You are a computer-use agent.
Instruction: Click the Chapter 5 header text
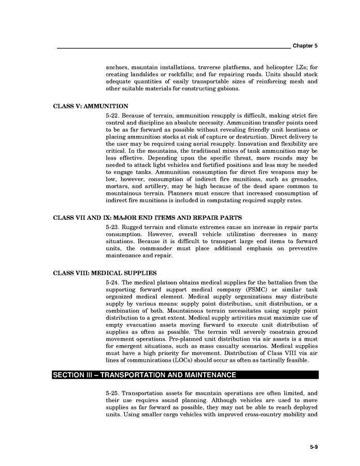(305, 46)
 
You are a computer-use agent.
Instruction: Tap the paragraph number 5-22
(112, 114)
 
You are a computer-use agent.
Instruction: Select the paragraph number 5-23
(112, 227)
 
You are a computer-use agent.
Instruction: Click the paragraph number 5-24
(112, 283)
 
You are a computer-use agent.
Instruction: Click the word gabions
(228, 89)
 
